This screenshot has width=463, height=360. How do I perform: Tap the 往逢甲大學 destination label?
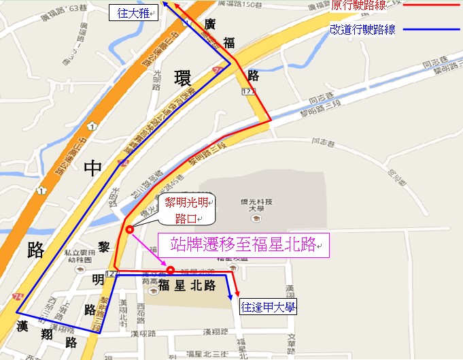click(269, 308)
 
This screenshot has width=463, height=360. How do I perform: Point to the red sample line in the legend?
click(430, 6)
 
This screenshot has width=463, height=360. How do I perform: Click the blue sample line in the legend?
click(430, 30)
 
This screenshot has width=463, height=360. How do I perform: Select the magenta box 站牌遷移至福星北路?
click(243, 245)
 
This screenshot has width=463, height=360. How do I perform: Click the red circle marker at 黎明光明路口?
click(128, 229)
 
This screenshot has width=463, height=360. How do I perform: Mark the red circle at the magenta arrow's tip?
click(171, 269)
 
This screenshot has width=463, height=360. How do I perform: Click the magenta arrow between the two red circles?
click(150, 249)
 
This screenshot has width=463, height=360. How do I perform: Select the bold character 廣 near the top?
click(211, 25)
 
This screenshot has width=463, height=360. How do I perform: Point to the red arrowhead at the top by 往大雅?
click(176, 5)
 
